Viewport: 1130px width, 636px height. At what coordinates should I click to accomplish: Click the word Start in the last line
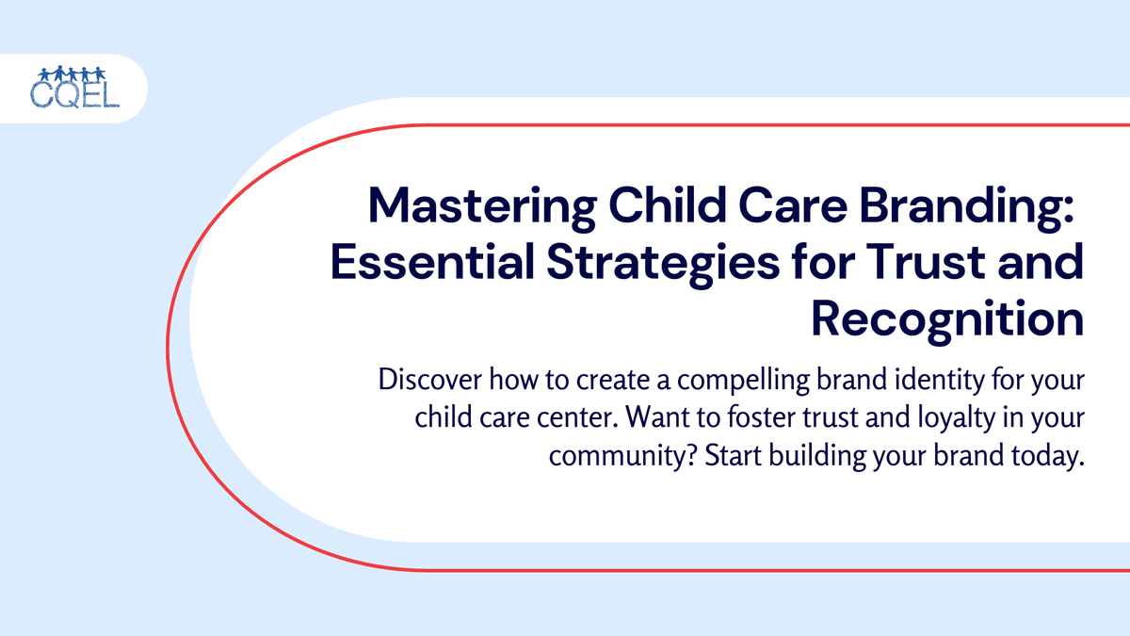[733, 456]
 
